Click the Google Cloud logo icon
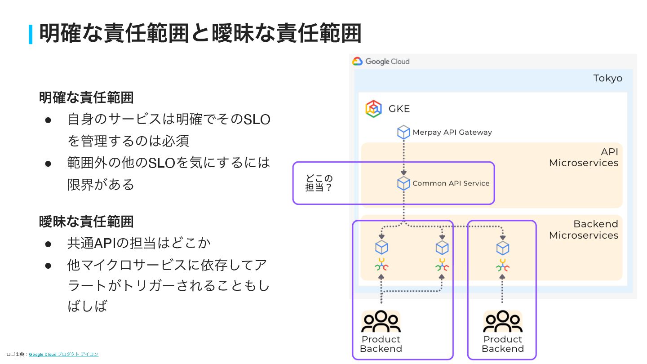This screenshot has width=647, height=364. coord(357,62)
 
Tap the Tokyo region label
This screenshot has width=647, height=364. coord(607,78)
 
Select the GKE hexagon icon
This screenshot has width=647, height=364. coord(373,109)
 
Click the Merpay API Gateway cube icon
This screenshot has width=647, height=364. coord(403,132)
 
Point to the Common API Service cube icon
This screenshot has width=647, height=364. coord(403,183)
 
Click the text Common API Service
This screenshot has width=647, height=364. coord(451,183)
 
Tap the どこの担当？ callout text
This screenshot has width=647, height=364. coord(319,183)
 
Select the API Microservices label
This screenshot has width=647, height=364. coord(583,157)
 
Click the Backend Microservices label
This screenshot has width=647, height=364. coord(583,230)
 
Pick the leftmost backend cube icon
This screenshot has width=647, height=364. coord(381,248)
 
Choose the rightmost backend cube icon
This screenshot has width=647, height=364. coord(502,248)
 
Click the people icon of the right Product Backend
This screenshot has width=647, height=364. coord(502,321)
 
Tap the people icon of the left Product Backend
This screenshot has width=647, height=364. coord(381,321)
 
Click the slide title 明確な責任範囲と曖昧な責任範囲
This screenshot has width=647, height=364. coord(200,33)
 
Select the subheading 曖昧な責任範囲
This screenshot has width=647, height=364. coord(86,222)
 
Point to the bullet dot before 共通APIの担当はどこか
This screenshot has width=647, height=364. coord(49,244)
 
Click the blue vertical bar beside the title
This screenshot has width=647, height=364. coord(31,34)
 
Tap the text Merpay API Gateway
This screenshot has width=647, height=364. coord(452,132)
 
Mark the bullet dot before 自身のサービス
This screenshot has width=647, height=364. coord(49,120)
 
